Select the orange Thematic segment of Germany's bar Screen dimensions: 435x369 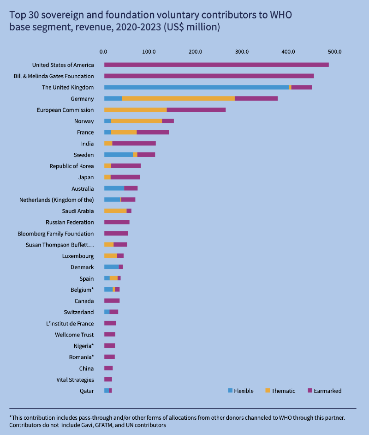[178, 98]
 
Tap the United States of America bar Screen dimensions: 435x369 [216, 65]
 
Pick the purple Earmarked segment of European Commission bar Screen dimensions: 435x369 [196, 110]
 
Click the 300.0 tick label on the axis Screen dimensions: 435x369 [242, 51]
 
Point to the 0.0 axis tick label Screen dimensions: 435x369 [104, 51]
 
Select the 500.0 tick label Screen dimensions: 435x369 [335, 51]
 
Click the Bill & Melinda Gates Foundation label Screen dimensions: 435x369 [54, 76]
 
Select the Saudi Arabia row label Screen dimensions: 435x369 [78, 211]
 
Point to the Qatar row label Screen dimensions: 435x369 [86, 391]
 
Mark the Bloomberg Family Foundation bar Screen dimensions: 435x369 [116, 234]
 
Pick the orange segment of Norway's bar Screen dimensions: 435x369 [137, 121]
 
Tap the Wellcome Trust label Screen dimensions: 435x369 [74, 335]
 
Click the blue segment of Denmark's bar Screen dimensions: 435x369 [111, 267]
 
